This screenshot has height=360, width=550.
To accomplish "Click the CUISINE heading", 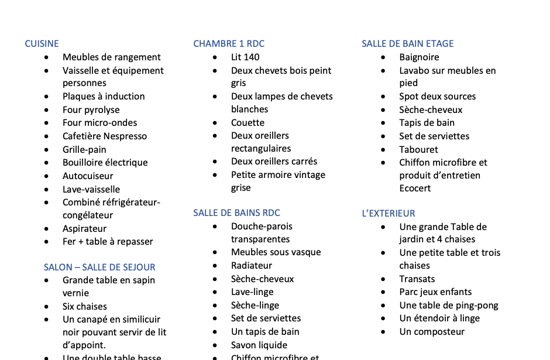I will [x=42, y=44].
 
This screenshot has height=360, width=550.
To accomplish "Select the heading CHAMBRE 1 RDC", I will [x=229, y=44].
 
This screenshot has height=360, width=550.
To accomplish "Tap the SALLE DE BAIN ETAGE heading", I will [x=407, y=44].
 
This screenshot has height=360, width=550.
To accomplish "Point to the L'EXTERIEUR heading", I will [x=388, y=214].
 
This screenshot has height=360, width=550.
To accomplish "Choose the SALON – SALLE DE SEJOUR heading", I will [x=99, y=268].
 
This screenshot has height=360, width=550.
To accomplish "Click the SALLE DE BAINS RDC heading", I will [x=236, y=213].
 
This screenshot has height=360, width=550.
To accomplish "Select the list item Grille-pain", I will [x=84, y=150].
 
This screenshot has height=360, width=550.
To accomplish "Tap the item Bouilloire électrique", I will [x=105, y=163].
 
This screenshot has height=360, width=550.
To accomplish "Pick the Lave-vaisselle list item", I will [x=91, y=190].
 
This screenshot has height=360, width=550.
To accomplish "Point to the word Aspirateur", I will [x=84, y=229].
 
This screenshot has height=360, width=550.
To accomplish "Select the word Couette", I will [x=247, y=123].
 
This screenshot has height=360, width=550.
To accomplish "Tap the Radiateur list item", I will [x=252, y=266].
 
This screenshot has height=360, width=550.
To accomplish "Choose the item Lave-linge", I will [x=252, y=292].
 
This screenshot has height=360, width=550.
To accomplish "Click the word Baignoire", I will [x=419, y=57].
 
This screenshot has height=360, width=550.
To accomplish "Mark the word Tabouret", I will [x=418, y=150].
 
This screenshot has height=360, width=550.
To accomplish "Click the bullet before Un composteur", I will [x=383, y=332].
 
